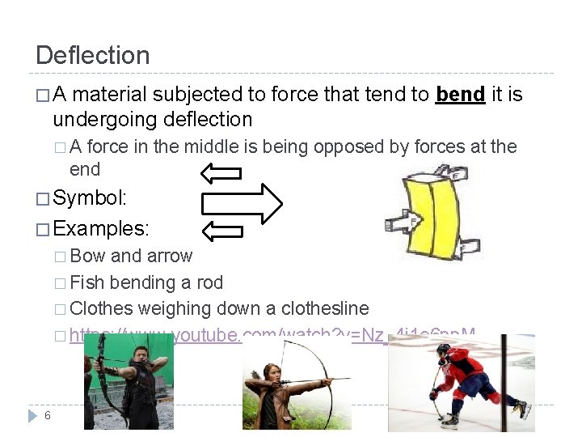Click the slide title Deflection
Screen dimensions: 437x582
click(93, 56)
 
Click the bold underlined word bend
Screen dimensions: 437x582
click(460, 95)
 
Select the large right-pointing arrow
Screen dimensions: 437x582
click(242, 202)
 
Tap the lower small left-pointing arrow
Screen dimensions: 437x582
click(221, 232)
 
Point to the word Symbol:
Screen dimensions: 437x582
click(92, 198)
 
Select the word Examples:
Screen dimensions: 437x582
click(103, 227)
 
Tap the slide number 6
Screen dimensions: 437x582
click(48, 415)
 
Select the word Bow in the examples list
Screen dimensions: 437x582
click(87, 256)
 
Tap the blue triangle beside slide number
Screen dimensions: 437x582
click(32, 415)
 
